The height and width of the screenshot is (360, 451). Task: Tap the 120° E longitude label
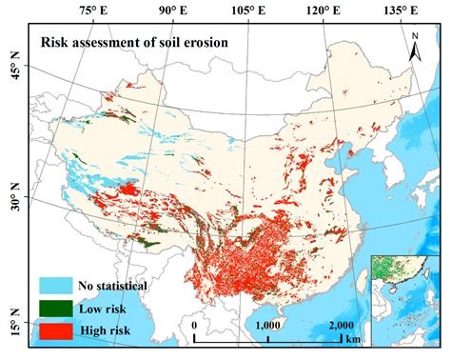click(324, 11)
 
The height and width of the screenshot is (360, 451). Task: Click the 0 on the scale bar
click(194, 324)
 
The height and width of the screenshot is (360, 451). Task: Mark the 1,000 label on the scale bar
click(268, 324)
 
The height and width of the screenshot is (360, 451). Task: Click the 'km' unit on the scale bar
click(354, 338)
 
